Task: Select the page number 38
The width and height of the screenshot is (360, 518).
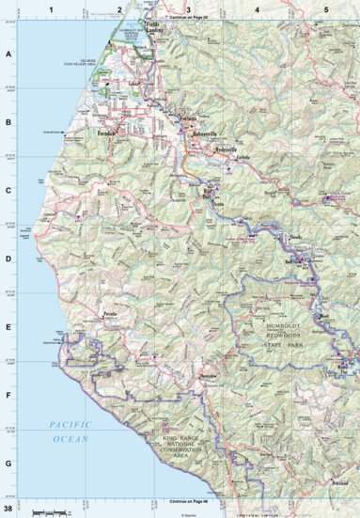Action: pyautogui.click(x=8, y=509)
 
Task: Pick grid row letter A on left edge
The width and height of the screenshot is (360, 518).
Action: pyautogui.click(x=8, y=54)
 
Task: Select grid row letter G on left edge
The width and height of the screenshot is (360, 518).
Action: pyautogui.click(x=8, y=461)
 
